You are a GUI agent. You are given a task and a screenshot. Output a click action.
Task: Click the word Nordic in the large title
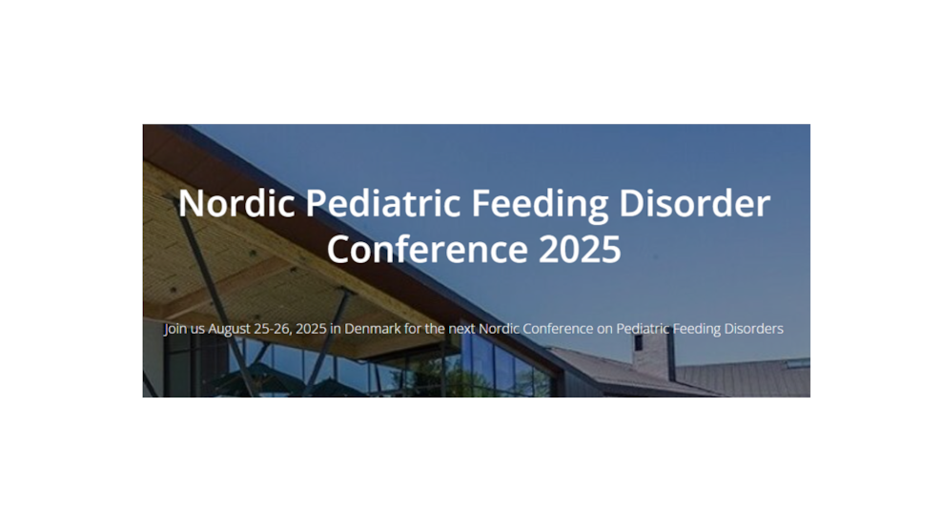[x=236, y=203]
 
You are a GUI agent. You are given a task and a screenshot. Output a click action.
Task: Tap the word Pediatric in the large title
[x=383, y=203]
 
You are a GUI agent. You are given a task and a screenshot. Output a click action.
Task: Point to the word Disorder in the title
[x=694, y=203]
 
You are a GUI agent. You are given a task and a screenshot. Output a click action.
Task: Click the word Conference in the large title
[x=427, y=249]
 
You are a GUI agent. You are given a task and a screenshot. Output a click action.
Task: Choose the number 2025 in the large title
[x=580, y=250]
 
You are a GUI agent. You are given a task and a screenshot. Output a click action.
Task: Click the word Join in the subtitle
[x=175, y=329]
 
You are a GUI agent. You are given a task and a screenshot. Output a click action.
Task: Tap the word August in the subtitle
[x=229, y=330]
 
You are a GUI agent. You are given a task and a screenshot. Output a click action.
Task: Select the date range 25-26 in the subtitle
[x=273, y=329]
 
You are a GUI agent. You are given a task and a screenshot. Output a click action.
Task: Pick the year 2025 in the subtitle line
[x=311, y=329]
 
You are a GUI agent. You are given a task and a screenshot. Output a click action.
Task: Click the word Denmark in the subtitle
[x=373, y=329]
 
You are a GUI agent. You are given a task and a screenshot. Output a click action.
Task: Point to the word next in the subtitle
[x=461, y=329]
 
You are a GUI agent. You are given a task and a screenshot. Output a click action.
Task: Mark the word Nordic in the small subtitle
[x=500, y=329]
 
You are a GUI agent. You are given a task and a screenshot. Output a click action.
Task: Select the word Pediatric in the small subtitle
[x=643, y=329]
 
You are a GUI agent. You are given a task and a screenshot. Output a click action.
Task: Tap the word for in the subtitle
[x=413, y=329]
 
